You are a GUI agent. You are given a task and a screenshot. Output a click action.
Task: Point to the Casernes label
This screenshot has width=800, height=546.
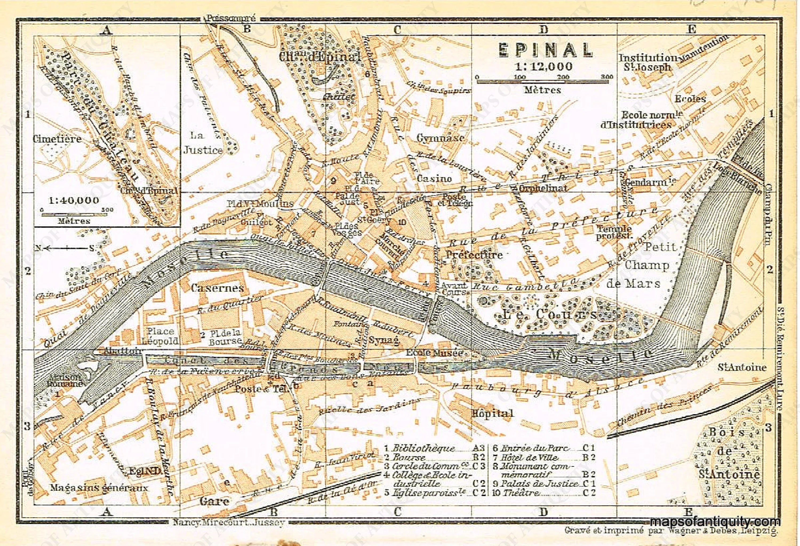pos(217,288)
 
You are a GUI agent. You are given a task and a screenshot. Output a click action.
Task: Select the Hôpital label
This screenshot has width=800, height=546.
pos(492,413)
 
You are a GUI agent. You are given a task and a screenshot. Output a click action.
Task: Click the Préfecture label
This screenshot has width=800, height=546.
pos(474,255)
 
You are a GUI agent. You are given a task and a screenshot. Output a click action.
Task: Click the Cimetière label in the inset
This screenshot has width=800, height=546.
pos(57,139)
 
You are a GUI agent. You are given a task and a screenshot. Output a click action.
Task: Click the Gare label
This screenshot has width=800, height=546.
pos(214,501)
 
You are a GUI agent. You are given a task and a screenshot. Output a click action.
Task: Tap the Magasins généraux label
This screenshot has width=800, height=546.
pos(99,488)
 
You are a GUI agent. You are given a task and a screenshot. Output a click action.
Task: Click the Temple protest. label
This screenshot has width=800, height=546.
pos(614,232)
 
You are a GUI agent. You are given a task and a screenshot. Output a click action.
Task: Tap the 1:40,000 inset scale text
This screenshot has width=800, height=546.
pos(74,200)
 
